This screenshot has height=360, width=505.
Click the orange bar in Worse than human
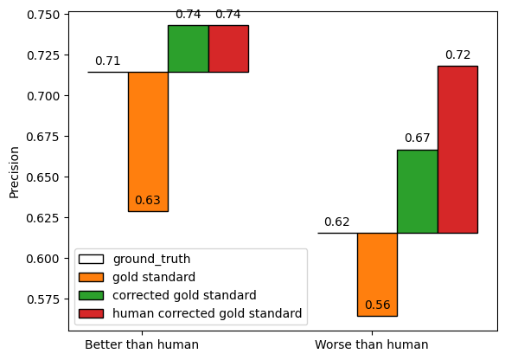point(377,274)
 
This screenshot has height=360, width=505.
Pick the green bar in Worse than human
point(417,191)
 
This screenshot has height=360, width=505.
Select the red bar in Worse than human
point(457,150)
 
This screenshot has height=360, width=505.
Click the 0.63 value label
point(148,200)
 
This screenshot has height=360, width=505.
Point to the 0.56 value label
point(377,305)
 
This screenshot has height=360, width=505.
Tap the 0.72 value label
point(457,55)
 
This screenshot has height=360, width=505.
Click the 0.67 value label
point(417,138)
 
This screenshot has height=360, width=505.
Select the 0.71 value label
point(108,61)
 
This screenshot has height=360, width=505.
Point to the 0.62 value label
point(337,222)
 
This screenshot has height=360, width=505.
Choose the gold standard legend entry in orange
point(154,277)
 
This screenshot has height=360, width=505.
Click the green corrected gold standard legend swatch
point(91,295)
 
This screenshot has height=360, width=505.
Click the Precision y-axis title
point(14,171)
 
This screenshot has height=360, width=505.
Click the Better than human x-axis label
point(142,344)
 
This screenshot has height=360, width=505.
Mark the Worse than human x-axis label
point(371,344)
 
